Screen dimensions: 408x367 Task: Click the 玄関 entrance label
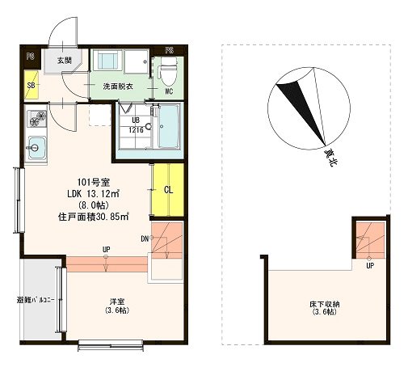64,61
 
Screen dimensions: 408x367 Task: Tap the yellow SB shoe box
32,85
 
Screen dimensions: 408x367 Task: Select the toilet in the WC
169,71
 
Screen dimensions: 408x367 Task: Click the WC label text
169,91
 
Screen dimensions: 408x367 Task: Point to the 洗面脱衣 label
118,86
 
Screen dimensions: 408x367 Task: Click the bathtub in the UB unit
168,126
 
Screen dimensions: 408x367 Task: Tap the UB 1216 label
136,125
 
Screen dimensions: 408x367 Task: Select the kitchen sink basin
36,148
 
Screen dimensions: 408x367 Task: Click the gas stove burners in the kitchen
37,119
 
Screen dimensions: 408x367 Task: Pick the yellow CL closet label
168,190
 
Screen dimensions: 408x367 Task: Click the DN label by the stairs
145,238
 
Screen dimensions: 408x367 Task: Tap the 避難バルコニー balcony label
36,300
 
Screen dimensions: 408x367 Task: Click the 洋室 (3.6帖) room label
117,306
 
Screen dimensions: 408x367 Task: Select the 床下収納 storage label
324,308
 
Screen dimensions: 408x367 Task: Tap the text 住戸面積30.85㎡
94,217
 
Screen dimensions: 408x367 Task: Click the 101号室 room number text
94,183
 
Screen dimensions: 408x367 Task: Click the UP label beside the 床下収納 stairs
370,266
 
